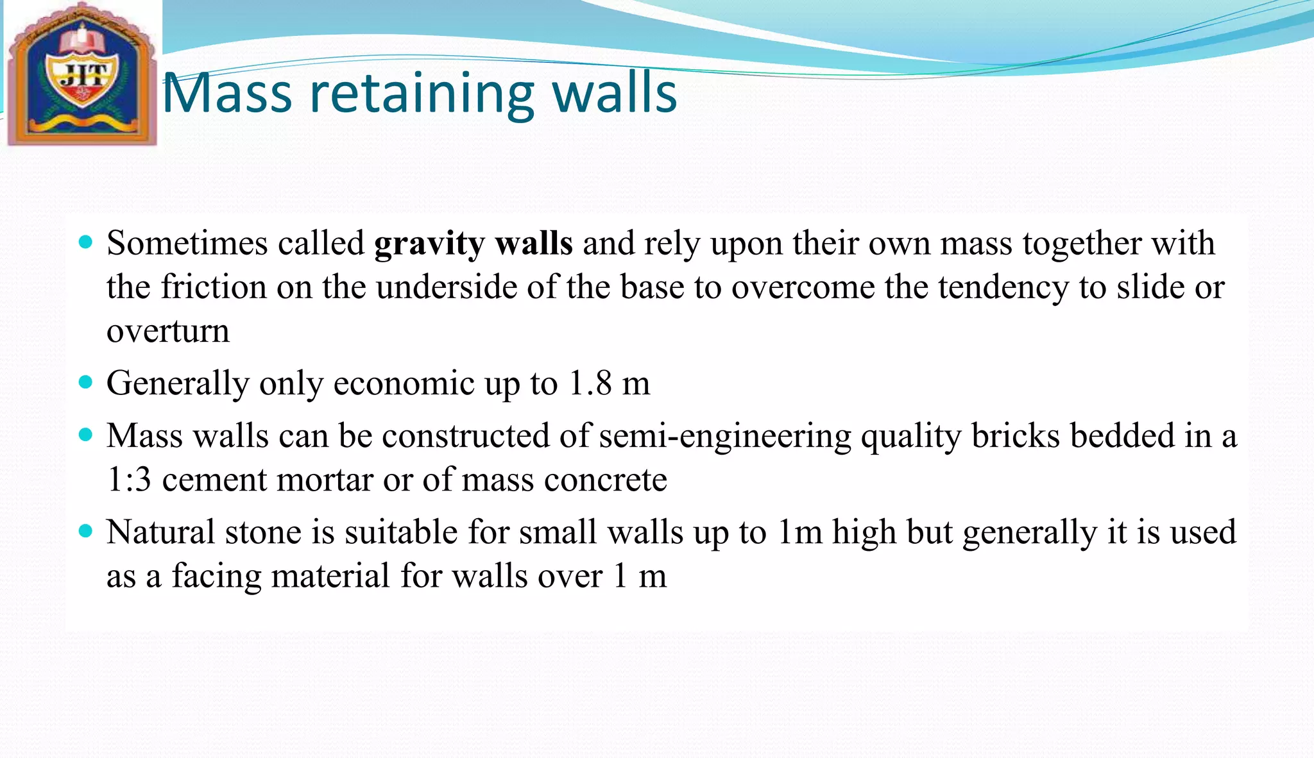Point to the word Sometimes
(187, 244)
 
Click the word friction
(213, 287)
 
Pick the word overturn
(167, 331)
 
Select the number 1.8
(590, 383)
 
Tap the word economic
(404, 383)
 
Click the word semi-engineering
(725, 437)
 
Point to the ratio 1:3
(129, 480)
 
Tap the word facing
(216, 576)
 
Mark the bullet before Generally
(85, 382)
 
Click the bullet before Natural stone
(85, 531)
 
